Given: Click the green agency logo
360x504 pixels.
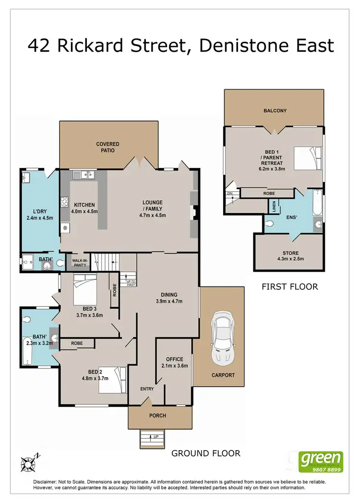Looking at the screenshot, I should click(321, 460).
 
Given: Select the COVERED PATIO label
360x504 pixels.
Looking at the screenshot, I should click(108, 147).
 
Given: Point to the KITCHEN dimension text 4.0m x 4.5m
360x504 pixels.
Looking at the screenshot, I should click(84, 211).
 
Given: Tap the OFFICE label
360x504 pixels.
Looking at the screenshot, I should click(175, 359).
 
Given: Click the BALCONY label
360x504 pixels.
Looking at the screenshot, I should click(275, 111).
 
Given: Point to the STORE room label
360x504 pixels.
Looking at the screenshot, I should click(290, 253).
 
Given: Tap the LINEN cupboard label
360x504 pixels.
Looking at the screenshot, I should click(272, 206).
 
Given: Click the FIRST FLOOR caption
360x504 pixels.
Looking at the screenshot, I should click(290, 287).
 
